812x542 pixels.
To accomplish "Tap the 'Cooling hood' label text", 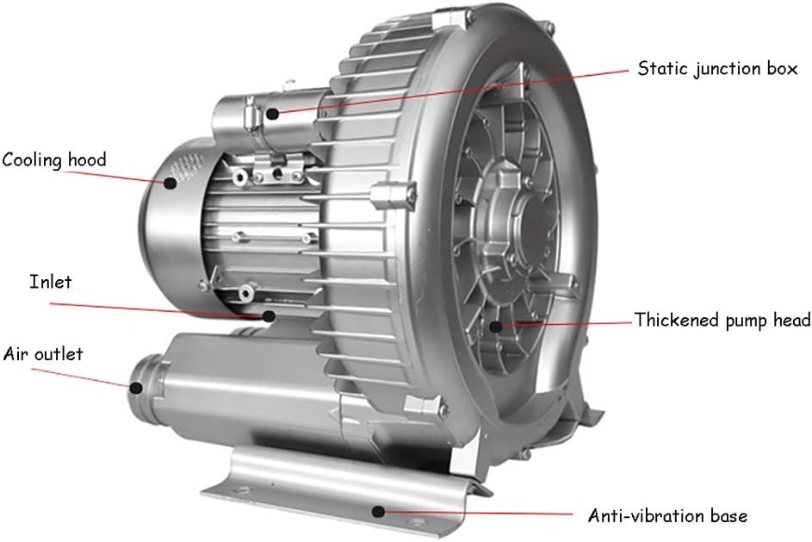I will pos(53,159).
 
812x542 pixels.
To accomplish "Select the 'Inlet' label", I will pos(50,282).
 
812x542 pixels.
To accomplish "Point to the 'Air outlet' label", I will pos(43,354).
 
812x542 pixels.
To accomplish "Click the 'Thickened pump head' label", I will pos(722,321).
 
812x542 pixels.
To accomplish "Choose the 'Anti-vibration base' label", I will pos(667,516).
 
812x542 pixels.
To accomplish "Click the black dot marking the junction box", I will pos(272,113).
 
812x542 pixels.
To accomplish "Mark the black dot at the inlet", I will pos(270,316).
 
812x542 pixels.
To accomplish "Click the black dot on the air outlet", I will pos(135,386).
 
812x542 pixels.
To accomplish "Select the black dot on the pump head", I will pos(495,326).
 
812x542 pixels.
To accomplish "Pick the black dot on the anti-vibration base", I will pos(377,510).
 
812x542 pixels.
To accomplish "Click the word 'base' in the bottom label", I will pos(728,516).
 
